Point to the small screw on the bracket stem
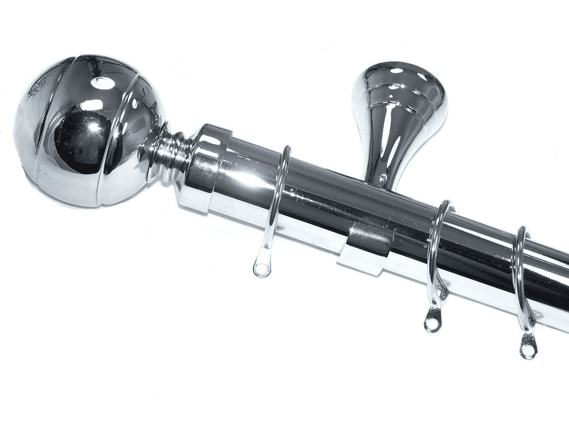coord(382,179)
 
